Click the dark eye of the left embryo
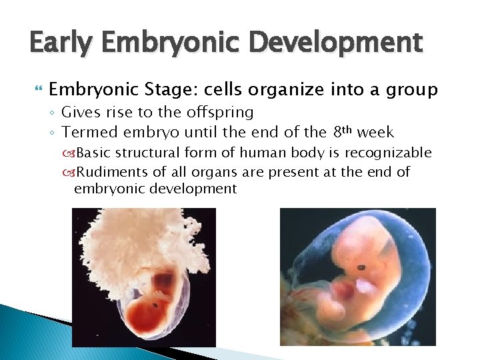[x=155, y=305]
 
